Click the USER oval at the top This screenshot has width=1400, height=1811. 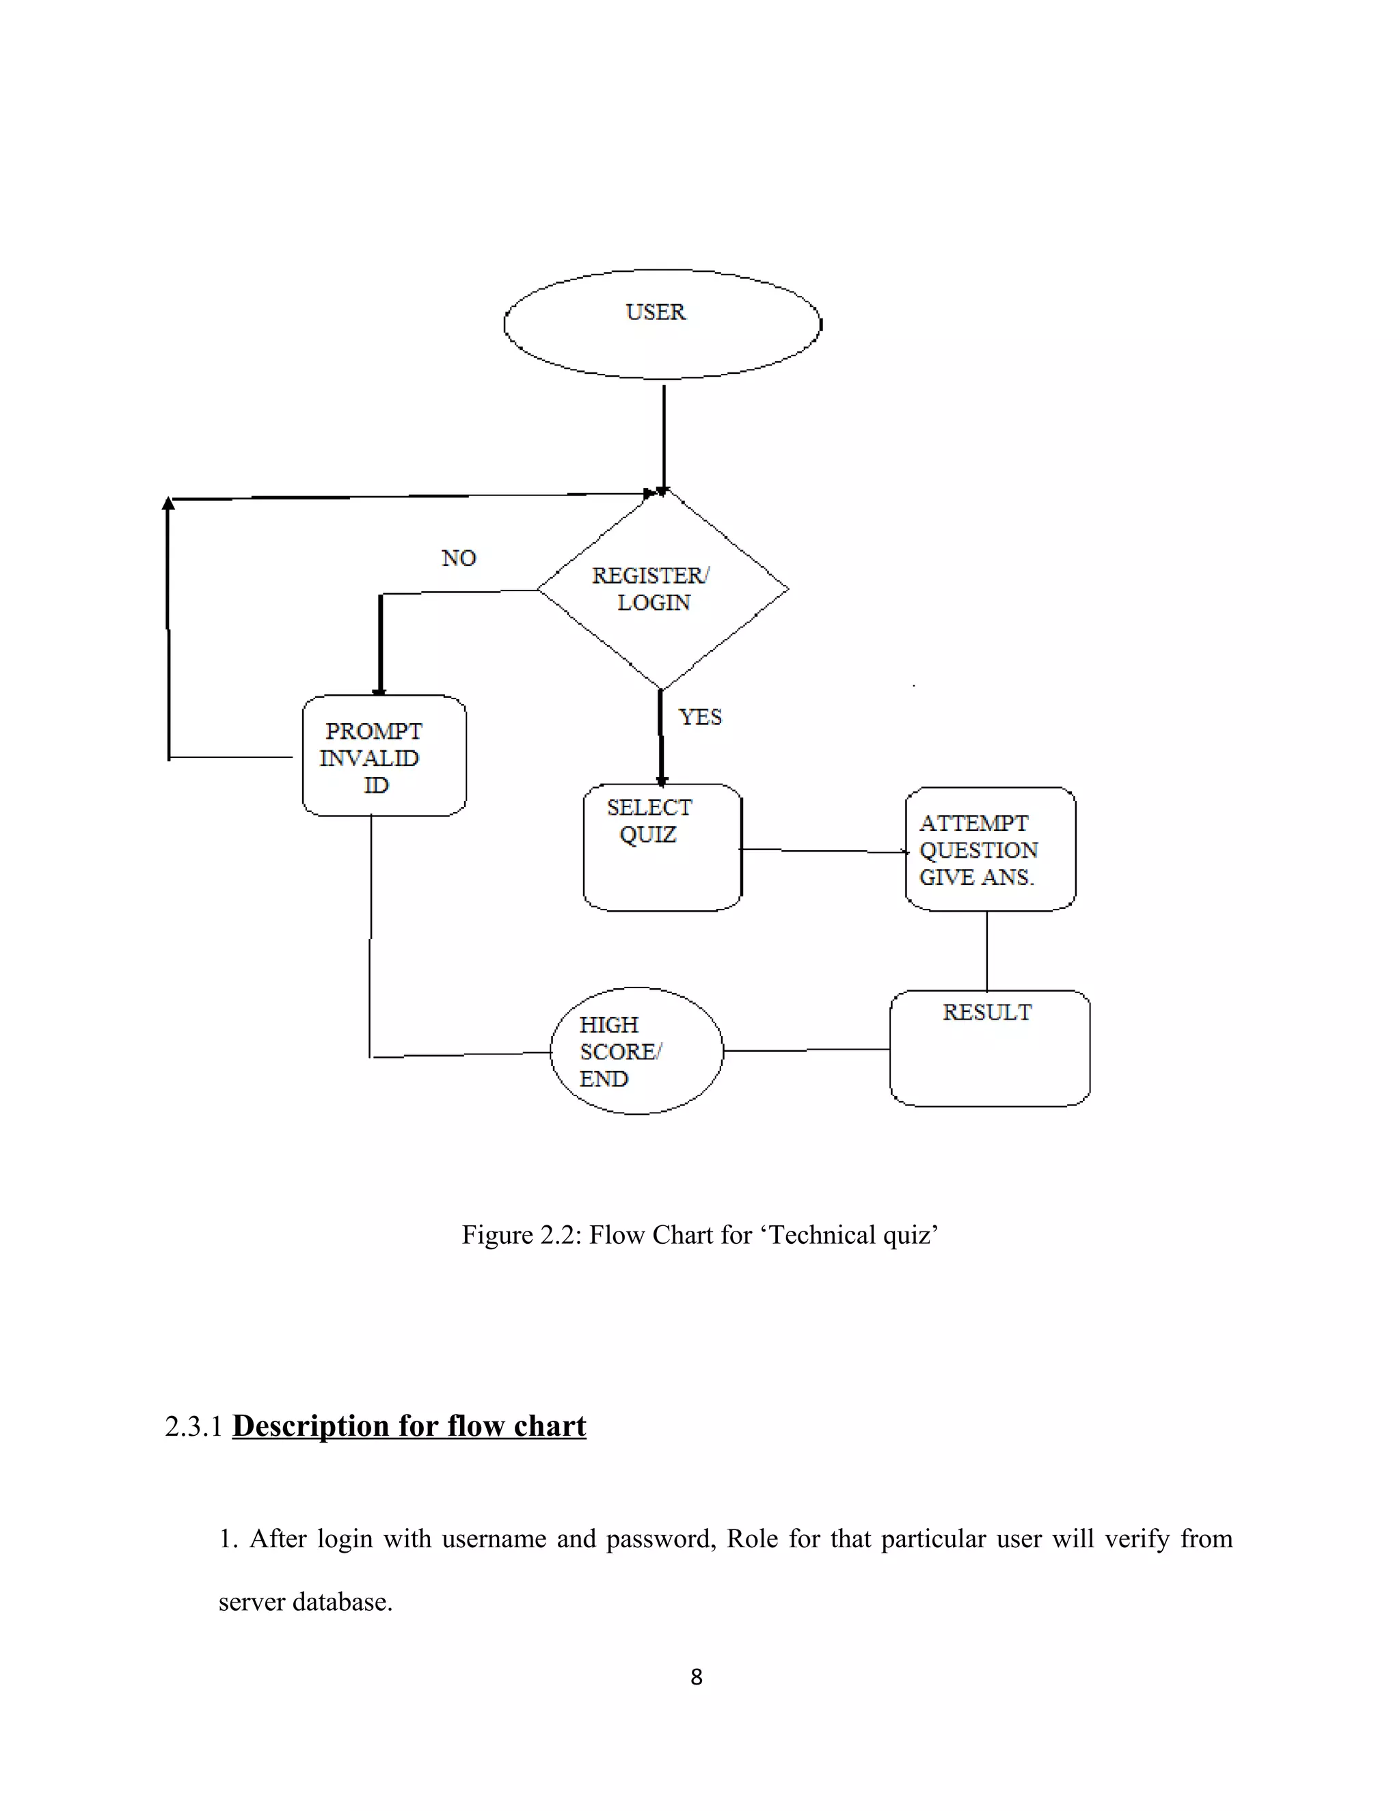point(662,324)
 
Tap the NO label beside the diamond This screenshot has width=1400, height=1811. point(459,558)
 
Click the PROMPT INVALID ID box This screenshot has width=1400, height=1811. point(384,757)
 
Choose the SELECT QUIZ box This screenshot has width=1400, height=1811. point(662,847)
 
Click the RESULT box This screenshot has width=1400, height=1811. point(988,1048)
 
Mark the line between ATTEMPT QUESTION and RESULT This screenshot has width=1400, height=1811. point(986,951)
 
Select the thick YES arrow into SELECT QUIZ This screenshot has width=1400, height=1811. point(661,738)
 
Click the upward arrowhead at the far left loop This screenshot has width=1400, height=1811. point(168,504)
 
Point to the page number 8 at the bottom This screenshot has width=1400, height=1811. point(697,1676)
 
